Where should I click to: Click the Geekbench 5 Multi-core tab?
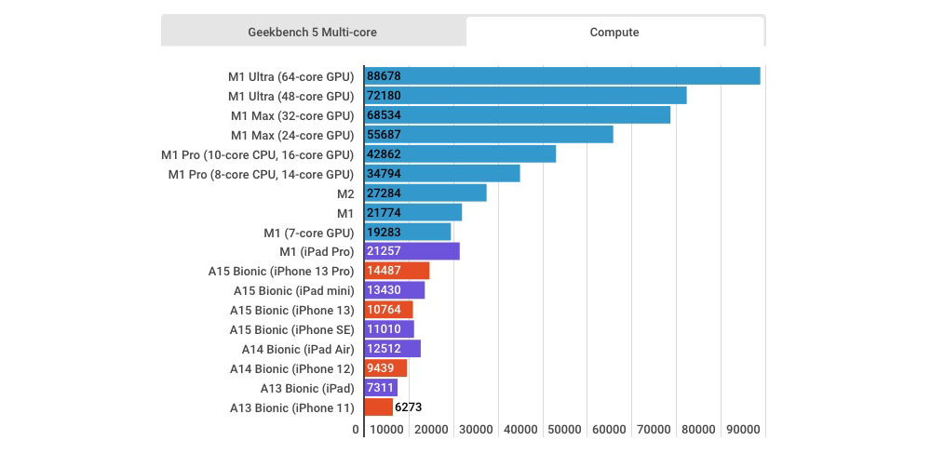tap(313, 32)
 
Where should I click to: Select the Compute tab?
tap(614, 32)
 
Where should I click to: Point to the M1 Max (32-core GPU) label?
tap(292, 115)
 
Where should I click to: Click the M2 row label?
tap(345, 194)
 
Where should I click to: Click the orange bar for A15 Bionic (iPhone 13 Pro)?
tap(397, 271)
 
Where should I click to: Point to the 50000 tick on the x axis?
tap(564, 429)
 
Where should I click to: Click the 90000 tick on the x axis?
tap(743, 429)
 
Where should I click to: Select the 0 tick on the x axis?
tap(356, 429)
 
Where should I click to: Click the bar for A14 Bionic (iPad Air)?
tap(392, 349)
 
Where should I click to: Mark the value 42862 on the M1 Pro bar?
tap(385, 154)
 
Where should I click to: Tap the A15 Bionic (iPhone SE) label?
tap(291, 329)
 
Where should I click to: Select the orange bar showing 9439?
tap(385, 368)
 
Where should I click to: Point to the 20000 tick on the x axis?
tap(430, 429)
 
